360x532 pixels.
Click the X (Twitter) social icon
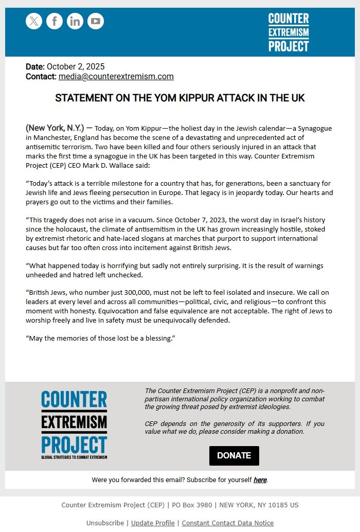(x=34, y=21)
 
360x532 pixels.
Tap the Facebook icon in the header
(x=55, y=21)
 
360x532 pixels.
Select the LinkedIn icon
(x=75, y=21)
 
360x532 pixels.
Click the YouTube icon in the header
(x=96, y=21)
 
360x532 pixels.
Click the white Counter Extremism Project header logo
(x=289, y=32)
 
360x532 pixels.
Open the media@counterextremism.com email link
(x=116, y=77)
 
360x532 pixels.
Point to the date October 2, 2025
(x=76, y=67)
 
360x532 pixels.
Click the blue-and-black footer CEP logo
(x=74, y=425)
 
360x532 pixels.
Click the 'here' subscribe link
(x=260, y=480)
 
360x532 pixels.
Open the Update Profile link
(x=153, y=523)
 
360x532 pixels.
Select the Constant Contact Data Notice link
(x=227, y=523)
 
